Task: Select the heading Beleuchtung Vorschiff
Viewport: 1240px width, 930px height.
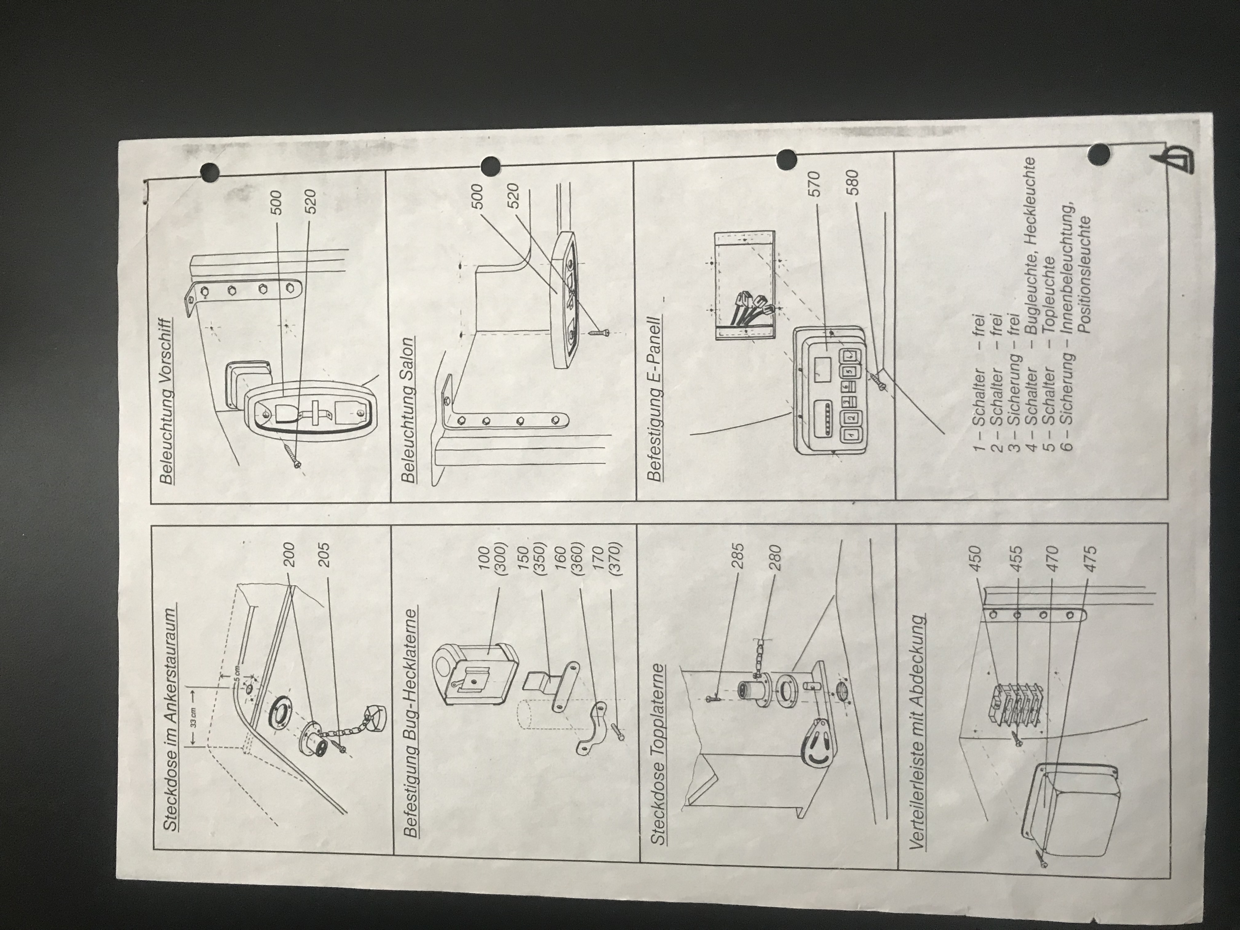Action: coord(166,401)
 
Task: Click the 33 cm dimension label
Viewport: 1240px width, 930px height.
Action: coord(193,719)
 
